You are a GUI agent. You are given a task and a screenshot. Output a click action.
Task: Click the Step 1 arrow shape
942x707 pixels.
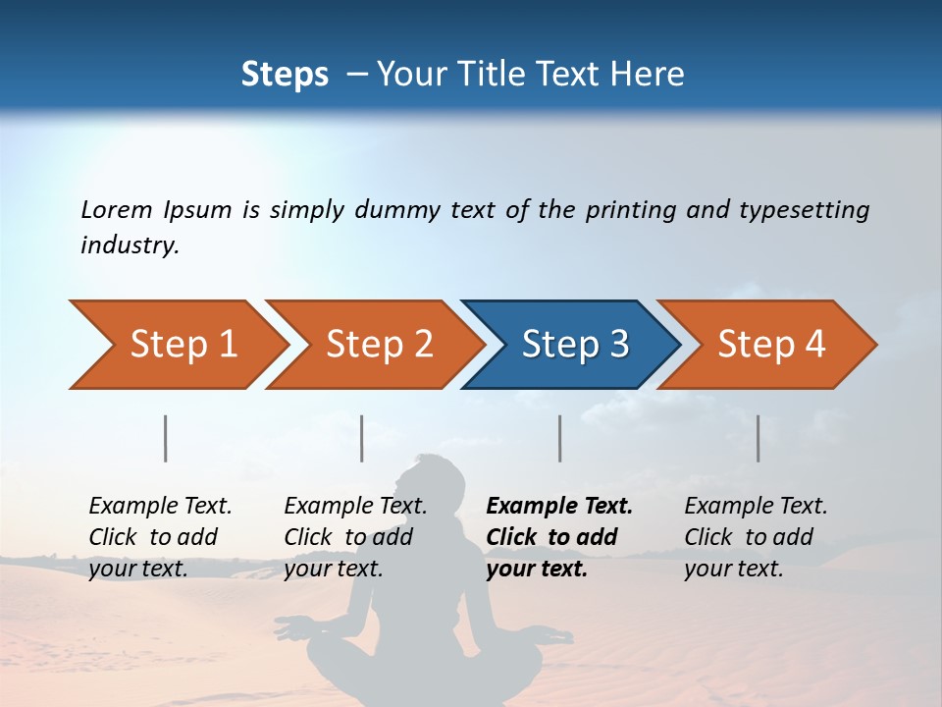point(177,345)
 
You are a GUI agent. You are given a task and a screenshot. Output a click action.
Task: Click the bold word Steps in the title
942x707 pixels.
point(285,75)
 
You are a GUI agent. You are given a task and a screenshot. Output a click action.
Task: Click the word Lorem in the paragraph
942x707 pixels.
point(117,209)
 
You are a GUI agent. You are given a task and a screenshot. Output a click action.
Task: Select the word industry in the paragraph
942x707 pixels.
point(130,245)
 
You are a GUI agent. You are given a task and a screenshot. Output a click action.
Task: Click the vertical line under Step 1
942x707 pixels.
point(166,438)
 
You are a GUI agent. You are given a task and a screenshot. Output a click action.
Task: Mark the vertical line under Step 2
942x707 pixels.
point(362,438)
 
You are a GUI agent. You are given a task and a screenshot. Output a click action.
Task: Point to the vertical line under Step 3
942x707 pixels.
point(559,438)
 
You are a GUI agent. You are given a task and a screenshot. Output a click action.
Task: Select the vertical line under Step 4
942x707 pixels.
point(758,438)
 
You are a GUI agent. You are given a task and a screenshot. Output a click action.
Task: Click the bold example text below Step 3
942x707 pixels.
point(559,537)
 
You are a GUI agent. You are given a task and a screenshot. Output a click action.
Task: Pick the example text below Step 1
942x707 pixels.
point(160,537)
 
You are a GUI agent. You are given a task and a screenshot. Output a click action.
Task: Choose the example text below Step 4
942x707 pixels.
point(756,537)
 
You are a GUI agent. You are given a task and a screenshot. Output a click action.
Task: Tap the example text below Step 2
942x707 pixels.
point(355,537)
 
